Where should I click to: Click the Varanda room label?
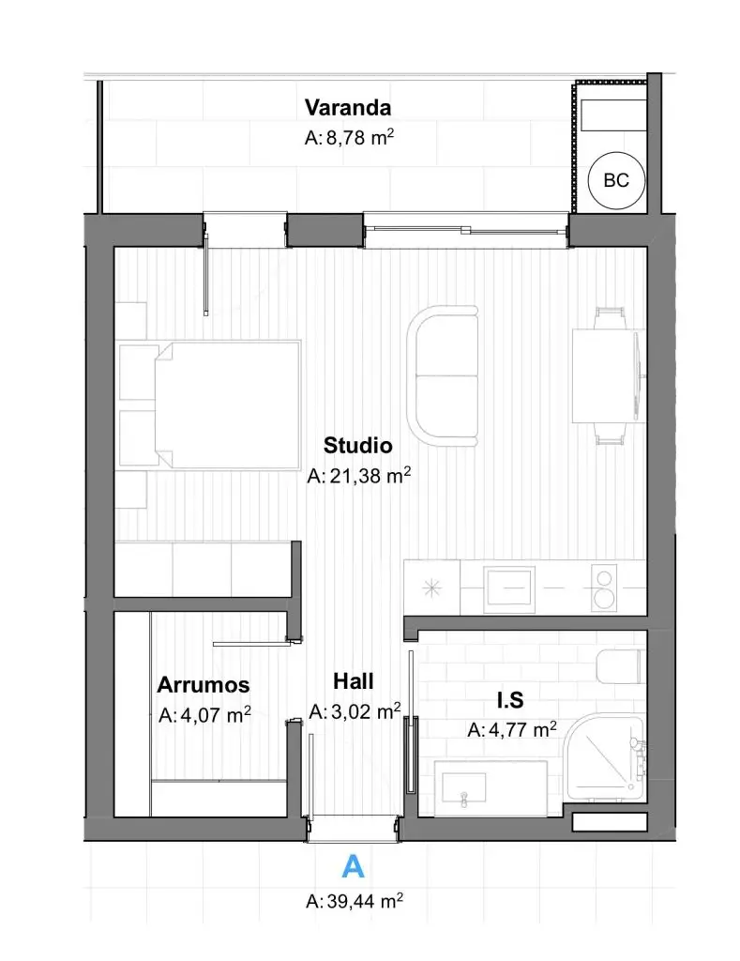(347, 107)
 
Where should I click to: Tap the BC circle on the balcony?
(615, 181)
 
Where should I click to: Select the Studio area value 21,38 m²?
(358, 475)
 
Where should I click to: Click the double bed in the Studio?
(227, 405)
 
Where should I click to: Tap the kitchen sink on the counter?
(508, 589)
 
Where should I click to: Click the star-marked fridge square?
(431, 587)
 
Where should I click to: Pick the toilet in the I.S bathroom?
(620, 666)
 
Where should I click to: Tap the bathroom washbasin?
(463, 787)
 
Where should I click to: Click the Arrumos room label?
(204, 684)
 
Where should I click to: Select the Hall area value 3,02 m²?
(355, 711)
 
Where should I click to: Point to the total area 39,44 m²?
(355, 901)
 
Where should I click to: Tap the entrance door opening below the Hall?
(354, 828)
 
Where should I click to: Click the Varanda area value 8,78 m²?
(349, 137)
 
